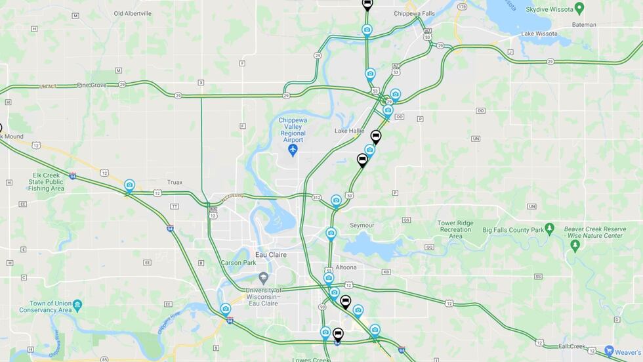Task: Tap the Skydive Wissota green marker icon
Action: [579, 8]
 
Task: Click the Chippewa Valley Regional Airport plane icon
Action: [293, 150]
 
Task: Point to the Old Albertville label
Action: [133, 13]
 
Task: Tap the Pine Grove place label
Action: [91, 85]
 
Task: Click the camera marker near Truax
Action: [129, 185]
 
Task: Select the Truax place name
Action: [175, 182]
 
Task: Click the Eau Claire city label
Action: [271, 254]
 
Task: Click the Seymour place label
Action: [362, 225]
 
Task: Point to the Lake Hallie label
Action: [349, 131]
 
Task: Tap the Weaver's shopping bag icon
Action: [610, 351]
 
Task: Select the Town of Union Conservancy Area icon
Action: [77, 305]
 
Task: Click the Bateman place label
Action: [584, 25]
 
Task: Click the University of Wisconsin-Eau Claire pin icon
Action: [263, 278]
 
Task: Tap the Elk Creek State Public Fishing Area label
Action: [46, 181]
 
